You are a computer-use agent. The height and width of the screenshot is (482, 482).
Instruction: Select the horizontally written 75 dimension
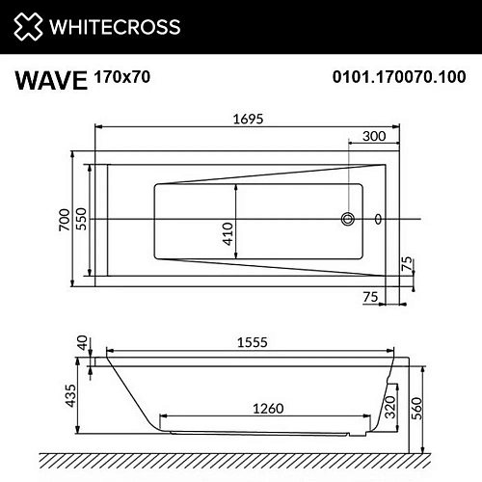[x=370, y=296]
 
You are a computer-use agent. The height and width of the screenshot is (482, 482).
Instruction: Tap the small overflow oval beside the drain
[x=377, y=220]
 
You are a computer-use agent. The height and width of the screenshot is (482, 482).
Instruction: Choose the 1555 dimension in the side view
[x=252, y=341]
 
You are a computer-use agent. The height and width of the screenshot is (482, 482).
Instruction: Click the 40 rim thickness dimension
[x=83, y=342]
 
